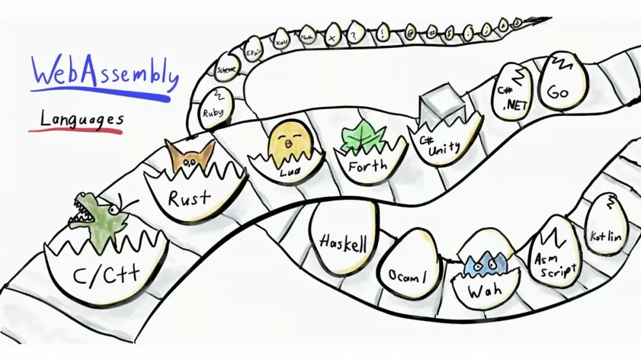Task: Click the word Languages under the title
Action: [x=81, y=119]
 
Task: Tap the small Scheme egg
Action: [x=226, y=68]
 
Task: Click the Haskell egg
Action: [x=343, y=240]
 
